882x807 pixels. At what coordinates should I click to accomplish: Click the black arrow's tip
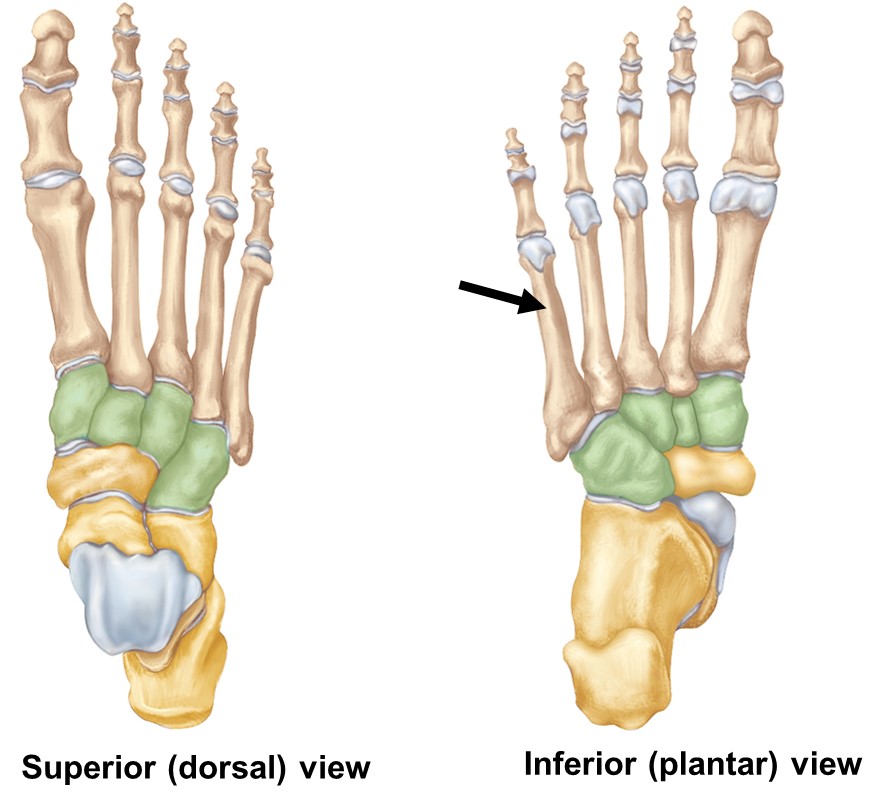pos(547,307)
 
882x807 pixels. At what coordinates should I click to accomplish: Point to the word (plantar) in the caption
pos(715,765)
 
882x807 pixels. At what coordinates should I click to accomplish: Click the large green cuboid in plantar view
pos(622,460)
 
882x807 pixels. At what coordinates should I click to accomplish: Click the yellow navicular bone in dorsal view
pos(101,471)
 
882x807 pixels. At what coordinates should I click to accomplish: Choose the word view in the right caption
pos(827,765)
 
